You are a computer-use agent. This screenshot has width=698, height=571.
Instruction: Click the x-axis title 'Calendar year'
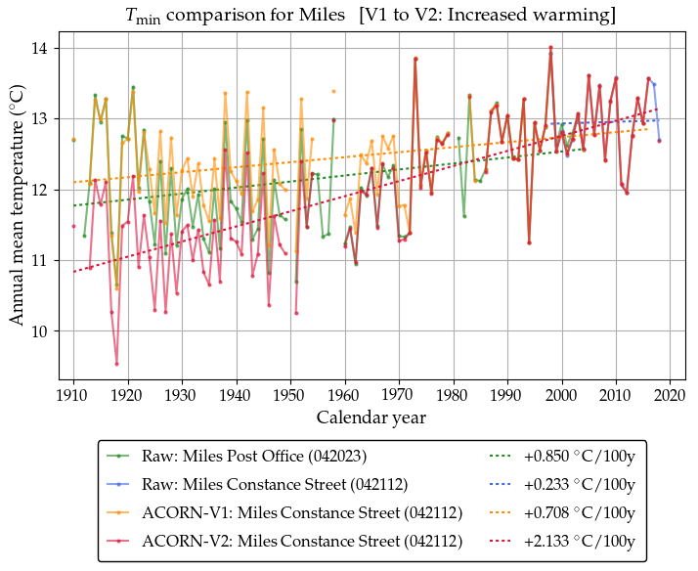point(371,417)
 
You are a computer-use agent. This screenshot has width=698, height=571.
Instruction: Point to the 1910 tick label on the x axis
point(73,396)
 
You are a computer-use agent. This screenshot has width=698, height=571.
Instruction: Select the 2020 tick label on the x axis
point(670,396)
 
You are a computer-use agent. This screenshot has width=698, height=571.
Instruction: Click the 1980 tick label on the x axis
point(453,396)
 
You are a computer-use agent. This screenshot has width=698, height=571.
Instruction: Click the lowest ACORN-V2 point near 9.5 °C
point(117,364)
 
